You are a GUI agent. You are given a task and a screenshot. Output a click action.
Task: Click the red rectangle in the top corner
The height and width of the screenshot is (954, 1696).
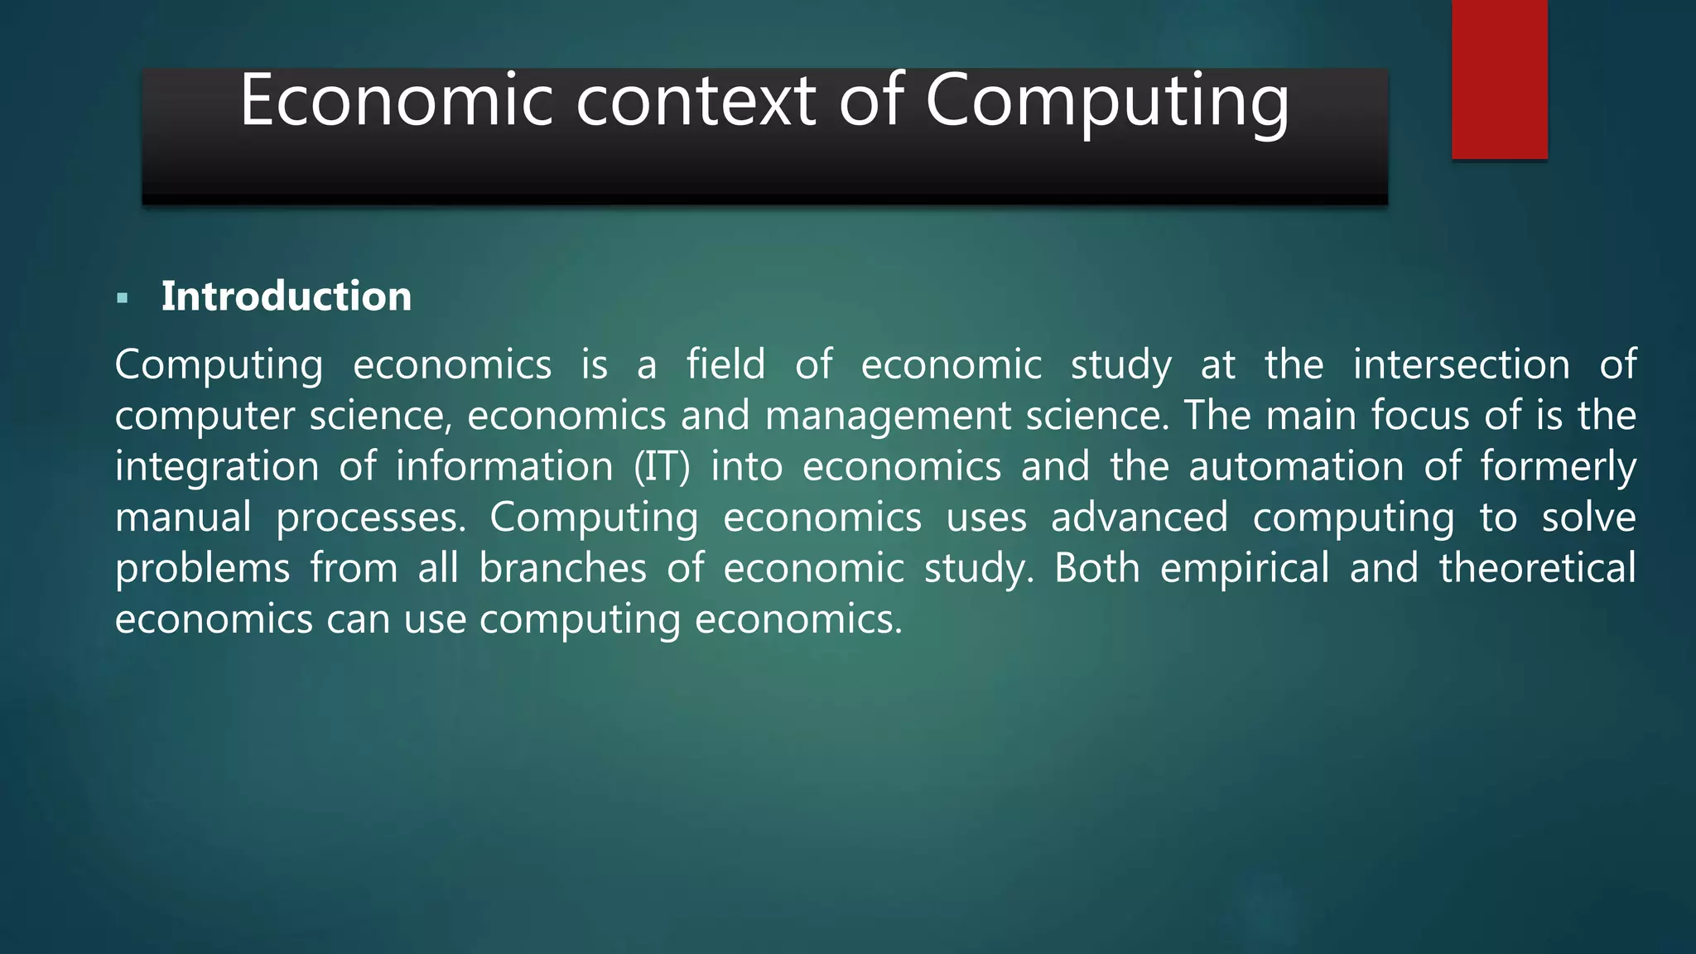click(1499, 79)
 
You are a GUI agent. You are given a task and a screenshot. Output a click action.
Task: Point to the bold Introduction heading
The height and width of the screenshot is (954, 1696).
click(286, 296)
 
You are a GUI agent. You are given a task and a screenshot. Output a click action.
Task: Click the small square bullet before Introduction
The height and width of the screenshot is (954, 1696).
click(123, 298)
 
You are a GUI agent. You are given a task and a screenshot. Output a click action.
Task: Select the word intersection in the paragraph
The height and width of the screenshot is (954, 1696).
click(1461, 364)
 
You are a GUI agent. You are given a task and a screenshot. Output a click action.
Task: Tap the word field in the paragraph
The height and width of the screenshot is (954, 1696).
click(725, 364)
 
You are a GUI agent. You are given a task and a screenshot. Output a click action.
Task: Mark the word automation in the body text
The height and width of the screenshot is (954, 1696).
click(1296, 466)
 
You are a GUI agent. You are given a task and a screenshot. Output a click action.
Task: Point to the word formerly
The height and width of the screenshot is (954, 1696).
click(1558, 468)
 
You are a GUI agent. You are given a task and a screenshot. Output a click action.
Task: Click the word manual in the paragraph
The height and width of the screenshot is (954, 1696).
click(183, 518)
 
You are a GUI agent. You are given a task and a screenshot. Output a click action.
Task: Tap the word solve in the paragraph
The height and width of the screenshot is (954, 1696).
click(1588, 518)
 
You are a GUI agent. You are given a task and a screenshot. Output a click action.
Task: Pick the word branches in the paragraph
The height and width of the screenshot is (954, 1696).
click(562, 568)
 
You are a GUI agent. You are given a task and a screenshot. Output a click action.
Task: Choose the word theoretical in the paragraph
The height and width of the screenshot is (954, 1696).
click(1537, 568)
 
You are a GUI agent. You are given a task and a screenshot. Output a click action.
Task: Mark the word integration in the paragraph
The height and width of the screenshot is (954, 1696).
click(217, 468)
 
